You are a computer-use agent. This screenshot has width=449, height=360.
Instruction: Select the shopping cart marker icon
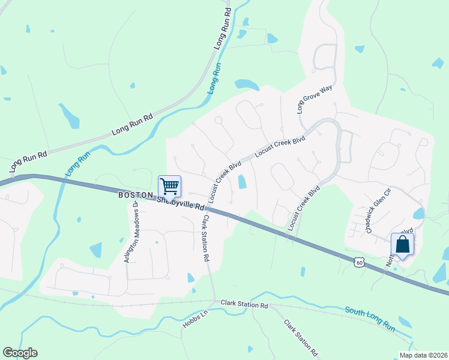(169, 187)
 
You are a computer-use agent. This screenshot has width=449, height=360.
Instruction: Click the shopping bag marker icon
(402, 245)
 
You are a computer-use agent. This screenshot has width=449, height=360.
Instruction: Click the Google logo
(20, 353)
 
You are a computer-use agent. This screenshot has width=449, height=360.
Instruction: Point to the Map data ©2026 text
(423, 355)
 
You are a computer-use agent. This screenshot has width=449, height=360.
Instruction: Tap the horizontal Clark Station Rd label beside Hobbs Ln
(244, 305)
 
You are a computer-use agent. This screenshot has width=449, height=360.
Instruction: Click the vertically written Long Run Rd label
(223, 29)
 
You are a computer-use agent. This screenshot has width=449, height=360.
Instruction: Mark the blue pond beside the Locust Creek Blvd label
(242, 182)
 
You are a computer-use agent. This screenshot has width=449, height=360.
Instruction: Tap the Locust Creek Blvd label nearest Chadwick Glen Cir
(304, 208)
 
